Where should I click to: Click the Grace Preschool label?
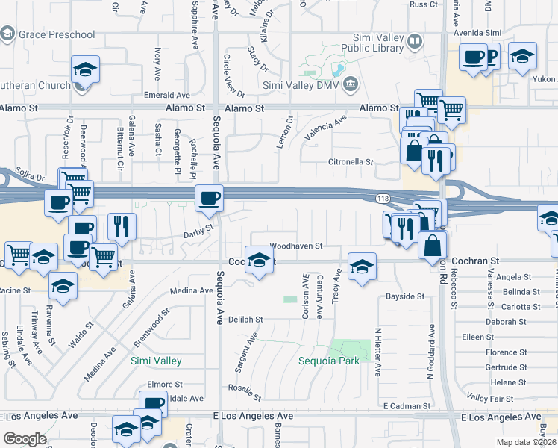(x=58, y=34)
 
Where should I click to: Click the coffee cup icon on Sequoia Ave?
(x=209, y=198)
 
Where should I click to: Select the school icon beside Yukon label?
(x=523, y=56)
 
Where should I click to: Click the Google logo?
(x=25, y=439)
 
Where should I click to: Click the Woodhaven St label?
(x=295, y=246)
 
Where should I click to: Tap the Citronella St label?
(x=351, y=161)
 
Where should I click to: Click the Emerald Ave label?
(x=167, y=96)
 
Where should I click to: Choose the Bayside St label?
(x=405, y=296)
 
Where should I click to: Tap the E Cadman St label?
(x=404, y=405)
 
